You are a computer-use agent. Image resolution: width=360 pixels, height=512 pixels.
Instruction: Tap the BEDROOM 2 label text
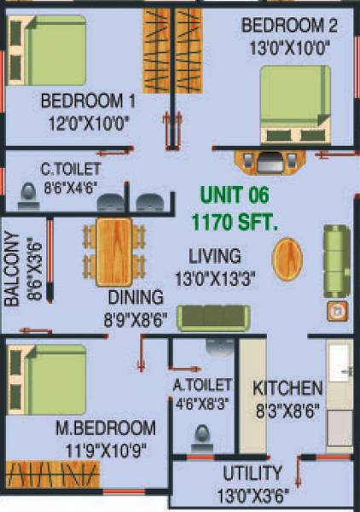pyautogui.click(x=289, y=25)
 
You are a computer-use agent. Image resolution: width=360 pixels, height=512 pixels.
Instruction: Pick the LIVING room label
pyautogui.click(x=214, y=255)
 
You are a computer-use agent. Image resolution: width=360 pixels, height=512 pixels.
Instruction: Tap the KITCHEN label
pyautogui.click(x=287, y=387)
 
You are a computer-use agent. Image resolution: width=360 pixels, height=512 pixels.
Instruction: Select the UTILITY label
pyautogui.click(x=253, y=473)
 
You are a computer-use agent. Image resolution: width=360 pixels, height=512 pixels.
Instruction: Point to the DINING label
pyautogui.click(x=135, y=298)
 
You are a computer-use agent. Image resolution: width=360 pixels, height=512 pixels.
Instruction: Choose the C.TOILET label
pyautogui.click(x=71, y=169)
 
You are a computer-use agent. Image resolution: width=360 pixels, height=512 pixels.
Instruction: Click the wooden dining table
pyautogui.click(x=113, y=252)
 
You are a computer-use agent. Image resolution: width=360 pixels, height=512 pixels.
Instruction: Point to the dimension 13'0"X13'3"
pyautogui.click(x=214, y=277)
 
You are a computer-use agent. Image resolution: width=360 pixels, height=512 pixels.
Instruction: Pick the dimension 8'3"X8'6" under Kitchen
pyautogui.click(x=287, y=409)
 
